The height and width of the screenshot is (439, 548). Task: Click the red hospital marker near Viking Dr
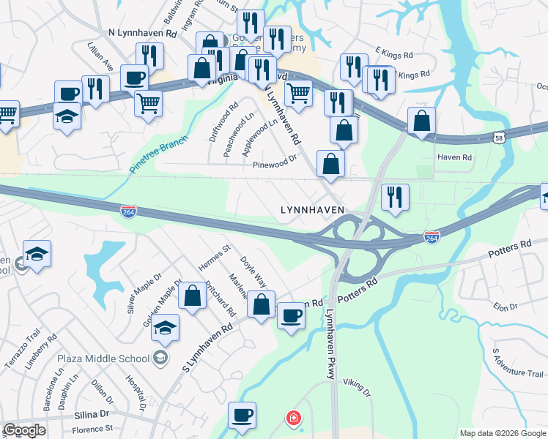coord(294,418)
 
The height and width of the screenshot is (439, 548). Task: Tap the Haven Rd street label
coord(455,157)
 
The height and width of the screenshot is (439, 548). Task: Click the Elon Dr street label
coord(506,306)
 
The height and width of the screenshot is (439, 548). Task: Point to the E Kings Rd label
coord(394,53)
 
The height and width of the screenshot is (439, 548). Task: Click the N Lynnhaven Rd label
coord(143,34)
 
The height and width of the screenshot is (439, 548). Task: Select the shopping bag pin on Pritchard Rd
coord(192,296)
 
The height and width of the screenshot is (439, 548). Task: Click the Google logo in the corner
coord(23,430)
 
